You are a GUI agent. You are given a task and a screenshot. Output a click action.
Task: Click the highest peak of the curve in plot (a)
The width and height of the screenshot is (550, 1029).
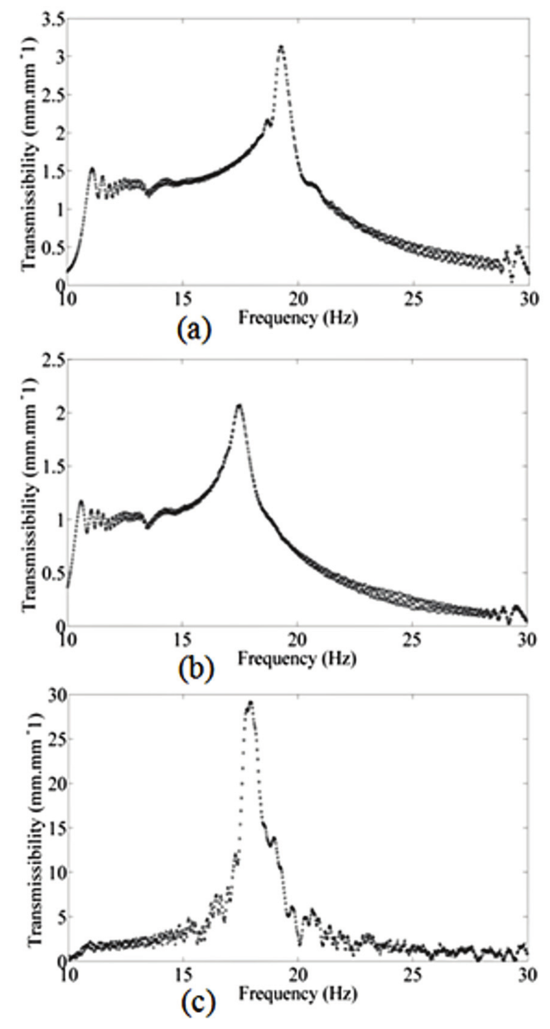click(281, 46)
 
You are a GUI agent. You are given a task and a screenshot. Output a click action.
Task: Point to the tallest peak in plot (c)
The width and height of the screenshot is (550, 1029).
click(250, 702)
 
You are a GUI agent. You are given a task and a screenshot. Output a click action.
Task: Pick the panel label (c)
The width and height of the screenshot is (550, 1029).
click(194, 1005)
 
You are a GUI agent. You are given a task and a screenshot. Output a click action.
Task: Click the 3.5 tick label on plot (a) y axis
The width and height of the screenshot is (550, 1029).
click(51, 20)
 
